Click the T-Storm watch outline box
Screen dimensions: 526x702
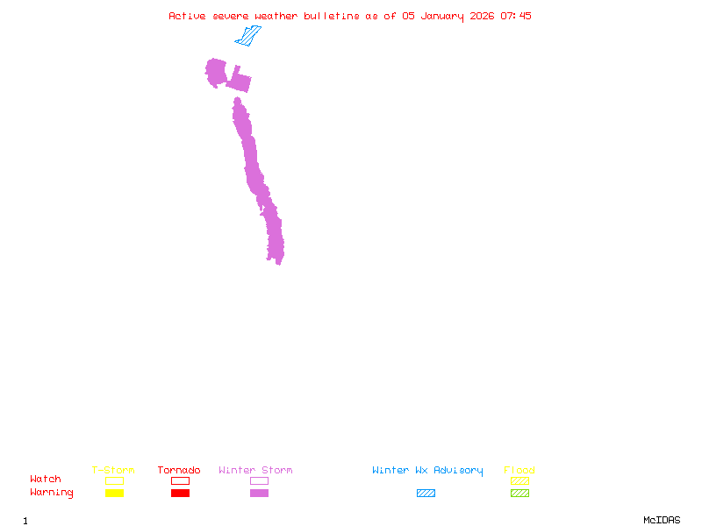coord(114,480)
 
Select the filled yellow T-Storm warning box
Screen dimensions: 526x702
coord(114,493)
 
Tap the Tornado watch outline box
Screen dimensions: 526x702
coord(180,480)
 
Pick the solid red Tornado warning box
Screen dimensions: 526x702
coord(180,493)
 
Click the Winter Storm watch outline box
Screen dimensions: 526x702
coord(259,480)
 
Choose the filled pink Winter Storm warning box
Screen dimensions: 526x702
coord(259,493)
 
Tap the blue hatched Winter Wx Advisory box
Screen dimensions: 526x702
coord(426,493)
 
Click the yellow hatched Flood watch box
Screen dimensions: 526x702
coord(519,480)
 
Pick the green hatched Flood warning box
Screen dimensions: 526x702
coord(519,493)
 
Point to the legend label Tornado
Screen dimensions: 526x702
coord(179,470)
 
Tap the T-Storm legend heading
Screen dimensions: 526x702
coord(113,470)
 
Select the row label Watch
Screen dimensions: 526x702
coord(46,480)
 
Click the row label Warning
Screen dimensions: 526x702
coord(52,493)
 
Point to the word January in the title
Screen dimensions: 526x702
coord(440,16)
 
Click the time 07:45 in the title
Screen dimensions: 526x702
coord(516,16)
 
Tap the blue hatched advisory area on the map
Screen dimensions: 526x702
coord(248,37)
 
